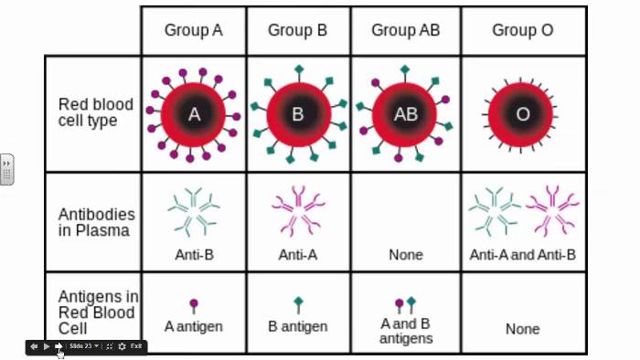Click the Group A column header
(194, 30)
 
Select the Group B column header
(297, 30)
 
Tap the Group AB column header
(406, 30)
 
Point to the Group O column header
(523, 30)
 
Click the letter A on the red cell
(194, 114)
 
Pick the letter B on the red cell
(298, 114)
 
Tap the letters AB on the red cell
(406, 114)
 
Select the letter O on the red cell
(523, 114)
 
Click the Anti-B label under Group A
(194, 255)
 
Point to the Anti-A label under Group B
(297, 255)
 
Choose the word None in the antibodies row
(406, 255)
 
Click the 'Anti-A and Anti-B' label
(522, 255)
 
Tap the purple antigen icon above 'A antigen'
(194, 306)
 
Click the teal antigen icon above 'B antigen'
(298, 305)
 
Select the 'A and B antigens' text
(406, 331)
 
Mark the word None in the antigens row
(523, 329)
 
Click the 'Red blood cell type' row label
(95, 112)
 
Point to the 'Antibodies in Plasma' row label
(96, 222)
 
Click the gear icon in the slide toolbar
(122, 346)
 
